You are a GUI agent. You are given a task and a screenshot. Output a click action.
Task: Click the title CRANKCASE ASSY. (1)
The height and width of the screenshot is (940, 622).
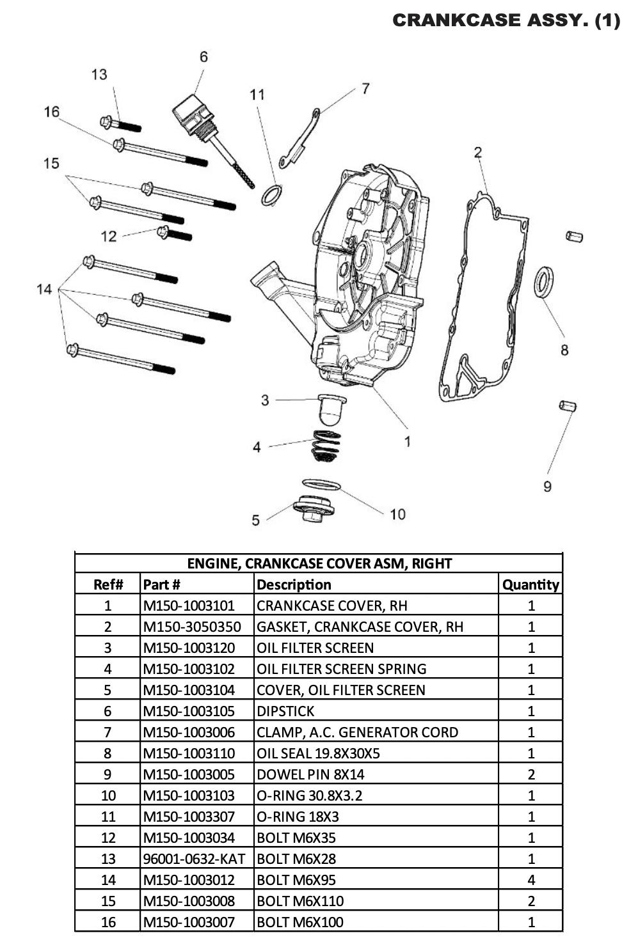point(506,20)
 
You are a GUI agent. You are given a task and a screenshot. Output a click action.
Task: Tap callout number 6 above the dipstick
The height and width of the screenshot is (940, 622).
point(203,57)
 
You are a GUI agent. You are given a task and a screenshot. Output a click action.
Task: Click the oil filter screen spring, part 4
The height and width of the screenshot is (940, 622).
point(326,446)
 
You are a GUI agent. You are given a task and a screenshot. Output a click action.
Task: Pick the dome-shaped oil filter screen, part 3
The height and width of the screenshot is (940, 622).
point(332,410)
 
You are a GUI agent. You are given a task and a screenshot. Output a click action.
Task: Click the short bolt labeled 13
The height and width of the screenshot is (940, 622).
point(120,123)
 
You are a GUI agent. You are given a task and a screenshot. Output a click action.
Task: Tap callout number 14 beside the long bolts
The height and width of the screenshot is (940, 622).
point(44,290)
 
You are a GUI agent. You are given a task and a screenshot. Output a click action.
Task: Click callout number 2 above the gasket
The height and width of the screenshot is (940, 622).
point(477,152)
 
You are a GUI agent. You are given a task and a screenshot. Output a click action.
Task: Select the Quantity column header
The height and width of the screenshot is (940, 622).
point(530,584)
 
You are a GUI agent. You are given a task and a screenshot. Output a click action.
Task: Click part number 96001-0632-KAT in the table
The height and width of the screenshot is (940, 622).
point(194,859)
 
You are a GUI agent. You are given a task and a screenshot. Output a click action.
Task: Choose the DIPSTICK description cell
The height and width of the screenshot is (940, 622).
point(286,711)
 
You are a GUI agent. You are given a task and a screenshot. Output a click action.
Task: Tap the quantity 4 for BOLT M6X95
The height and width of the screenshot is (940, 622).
point(530,880)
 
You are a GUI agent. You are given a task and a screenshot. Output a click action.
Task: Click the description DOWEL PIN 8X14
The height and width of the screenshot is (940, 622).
point(310,774)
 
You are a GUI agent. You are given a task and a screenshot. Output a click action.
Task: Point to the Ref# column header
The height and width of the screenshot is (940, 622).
point(108,584)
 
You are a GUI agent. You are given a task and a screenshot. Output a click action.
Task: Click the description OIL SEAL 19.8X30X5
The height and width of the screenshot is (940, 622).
point(318,753)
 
